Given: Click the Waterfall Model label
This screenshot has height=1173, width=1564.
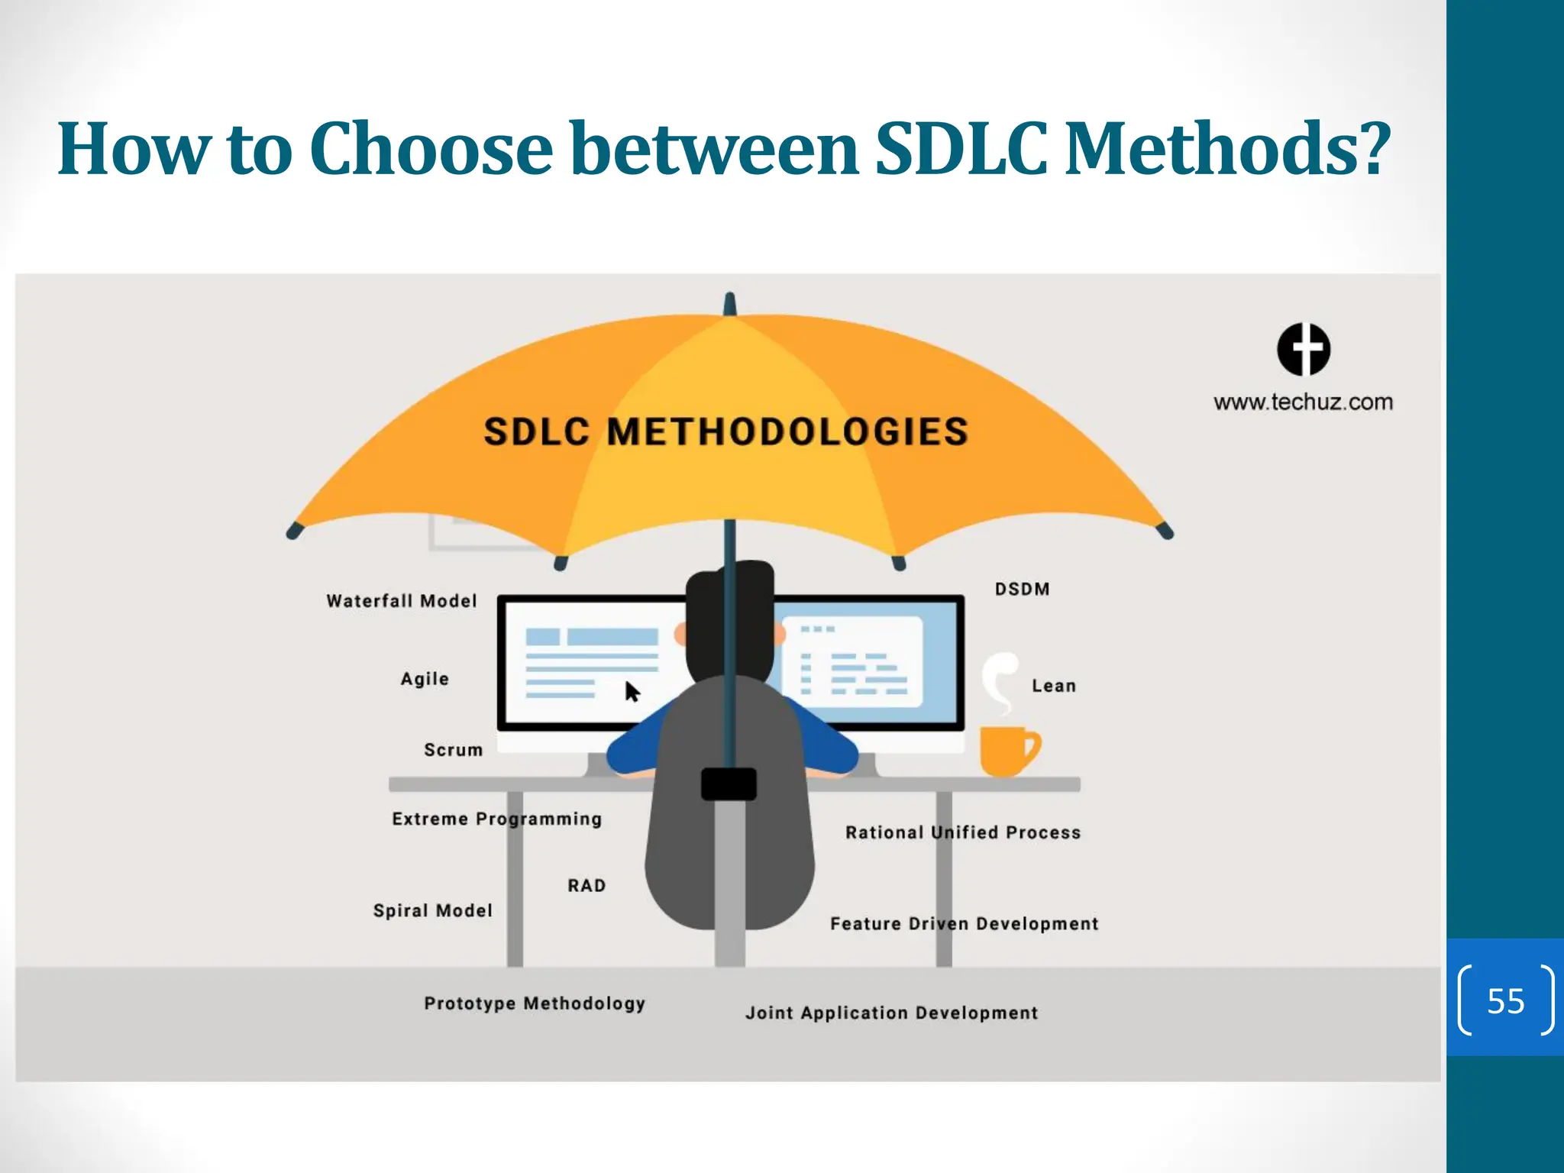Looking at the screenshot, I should (x=402, y=601).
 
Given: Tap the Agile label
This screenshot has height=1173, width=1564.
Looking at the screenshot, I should (x=425, y=679).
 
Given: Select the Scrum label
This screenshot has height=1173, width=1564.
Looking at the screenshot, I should (x=454, y=750).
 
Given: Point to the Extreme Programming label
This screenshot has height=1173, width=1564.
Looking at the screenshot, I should (x=497, y=819).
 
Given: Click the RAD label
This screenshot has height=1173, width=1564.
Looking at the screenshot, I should (x=586, y=885).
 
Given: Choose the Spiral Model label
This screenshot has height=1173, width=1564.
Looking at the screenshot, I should (x=433, y=910).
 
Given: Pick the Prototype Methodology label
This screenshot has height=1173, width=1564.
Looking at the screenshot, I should (x=535, y=1003).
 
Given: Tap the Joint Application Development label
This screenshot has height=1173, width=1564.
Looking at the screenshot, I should (x=892, y=1013).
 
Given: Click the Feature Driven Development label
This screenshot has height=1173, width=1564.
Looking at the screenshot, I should (x=965, y=923).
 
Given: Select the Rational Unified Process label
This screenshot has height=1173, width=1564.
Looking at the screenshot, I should (x=963, y=832).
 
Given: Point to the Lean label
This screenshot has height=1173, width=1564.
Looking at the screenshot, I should (x=1054, y=686).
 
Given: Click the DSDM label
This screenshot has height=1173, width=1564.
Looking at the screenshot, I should (x=1023, y=589).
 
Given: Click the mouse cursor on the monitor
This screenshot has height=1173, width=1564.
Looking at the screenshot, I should (x=632, y=692).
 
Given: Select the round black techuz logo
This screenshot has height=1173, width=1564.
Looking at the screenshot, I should (x=1304, y=350).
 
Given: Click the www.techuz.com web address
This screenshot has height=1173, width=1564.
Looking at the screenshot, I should (x=1304, y=402).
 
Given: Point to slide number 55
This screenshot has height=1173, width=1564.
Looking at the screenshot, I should (x=1505, y=1000).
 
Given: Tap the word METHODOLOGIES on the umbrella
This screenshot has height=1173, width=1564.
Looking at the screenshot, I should (x=787, y=431).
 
